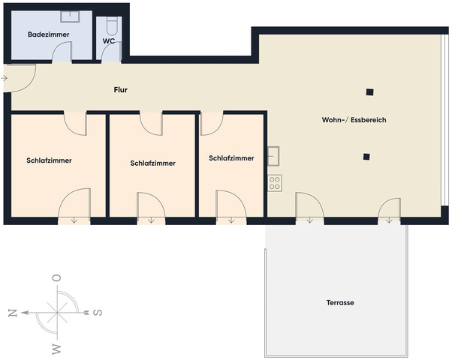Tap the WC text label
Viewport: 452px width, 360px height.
click(108, 42)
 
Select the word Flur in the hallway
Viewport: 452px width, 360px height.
click(120, 90)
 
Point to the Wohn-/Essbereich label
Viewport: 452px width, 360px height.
click(354, 120)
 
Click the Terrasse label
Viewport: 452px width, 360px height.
click(340, 303)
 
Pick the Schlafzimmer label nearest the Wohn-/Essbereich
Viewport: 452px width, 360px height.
click(231, 158)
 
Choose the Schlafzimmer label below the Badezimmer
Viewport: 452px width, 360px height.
click(49, 160)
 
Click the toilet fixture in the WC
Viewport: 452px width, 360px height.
click(111, 26)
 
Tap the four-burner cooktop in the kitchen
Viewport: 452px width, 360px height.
click(274, 181)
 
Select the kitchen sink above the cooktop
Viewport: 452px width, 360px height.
click(273, 155)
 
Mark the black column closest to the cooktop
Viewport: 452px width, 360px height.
click(366, 157)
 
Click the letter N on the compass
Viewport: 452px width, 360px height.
click(12, 313)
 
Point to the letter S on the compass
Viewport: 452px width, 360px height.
click(98, 312)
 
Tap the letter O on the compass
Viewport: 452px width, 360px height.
click(56, 278)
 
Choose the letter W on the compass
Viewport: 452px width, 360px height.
click(56, 347)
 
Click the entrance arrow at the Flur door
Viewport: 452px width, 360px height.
click(5, 76)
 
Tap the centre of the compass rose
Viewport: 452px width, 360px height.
click(56, 312)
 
